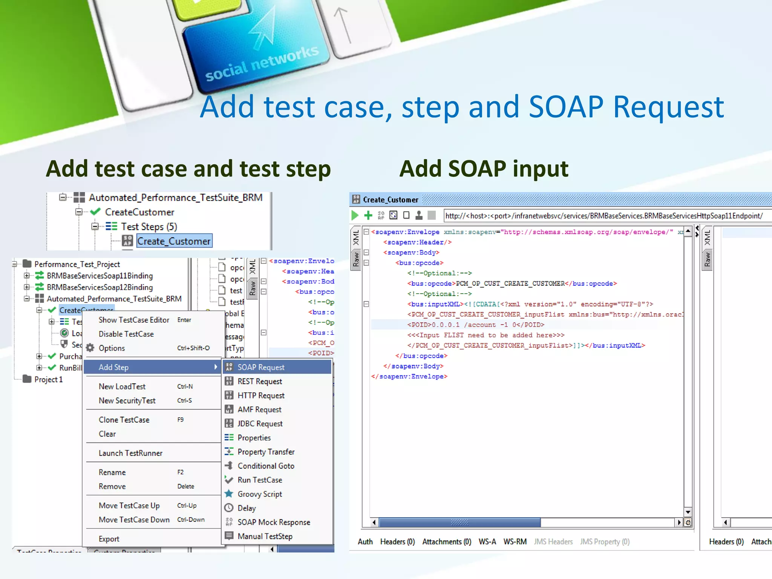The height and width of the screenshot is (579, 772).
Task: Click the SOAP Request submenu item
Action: tap(261, 367)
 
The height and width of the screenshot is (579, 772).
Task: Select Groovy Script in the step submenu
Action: tap(260, 494)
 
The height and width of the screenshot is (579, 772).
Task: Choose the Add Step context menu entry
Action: tap(113, 367)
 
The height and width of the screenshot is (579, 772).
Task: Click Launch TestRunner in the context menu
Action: tap(130, 453)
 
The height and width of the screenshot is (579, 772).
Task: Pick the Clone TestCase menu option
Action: tap(124, 420)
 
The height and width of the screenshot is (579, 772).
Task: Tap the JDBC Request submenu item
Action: tap(260, 424)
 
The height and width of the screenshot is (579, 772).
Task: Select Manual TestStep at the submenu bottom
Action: tap(265, 536)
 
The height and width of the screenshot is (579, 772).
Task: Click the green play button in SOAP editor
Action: tap(355, 215)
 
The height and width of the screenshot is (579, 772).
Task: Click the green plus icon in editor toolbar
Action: tap(368, 215)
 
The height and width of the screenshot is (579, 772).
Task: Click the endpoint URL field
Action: tap(603, 216)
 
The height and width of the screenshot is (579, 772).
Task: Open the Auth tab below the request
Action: tap(365, 542)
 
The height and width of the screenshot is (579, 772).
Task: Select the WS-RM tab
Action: tap(515, 542)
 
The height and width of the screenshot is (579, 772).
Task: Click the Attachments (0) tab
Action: tap(447, 542)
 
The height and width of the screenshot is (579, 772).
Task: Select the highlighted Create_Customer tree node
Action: tap(174, 241)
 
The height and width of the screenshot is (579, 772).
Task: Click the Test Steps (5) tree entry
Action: tap(149, 227)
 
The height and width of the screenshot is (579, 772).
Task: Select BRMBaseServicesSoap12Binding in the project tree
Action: tap(100, 287)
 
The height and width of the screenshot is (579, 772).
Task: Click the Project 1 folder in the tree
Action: tap(48, 379)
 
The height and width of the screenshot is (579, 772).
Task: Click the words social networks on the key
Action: tap(262, 63)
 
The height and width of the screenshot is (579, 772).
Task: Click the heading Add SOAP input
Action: tap(484, 168)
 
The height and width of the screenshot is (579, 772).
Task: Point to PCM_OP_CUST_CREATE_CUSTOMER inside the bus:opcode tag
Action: tap(510, 283)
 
